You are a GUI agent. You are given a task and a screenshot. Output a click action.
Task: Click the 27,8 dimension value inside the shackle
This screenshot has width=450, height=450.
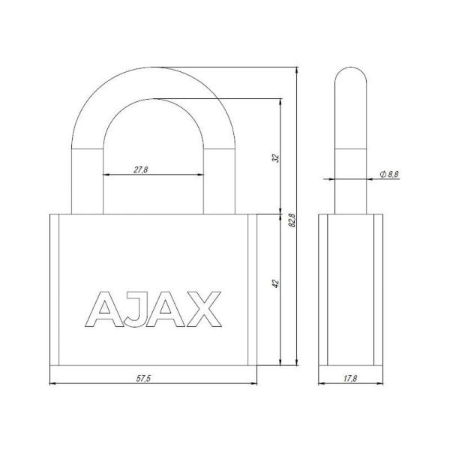141,169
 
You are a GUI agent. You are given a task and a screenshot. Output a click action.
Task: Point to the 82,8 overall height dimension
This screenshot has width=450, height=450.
292,221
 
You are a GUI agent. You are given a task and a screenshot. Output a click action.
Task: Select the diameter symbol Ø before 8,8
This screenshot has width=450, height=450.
382,174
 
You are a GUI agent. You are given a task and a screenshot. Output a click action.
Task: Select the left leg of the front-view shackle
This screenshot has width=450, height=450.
88,180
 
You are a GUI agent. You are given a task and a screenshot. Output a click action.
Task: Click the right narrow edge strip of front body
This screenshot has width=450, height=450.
253,289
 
